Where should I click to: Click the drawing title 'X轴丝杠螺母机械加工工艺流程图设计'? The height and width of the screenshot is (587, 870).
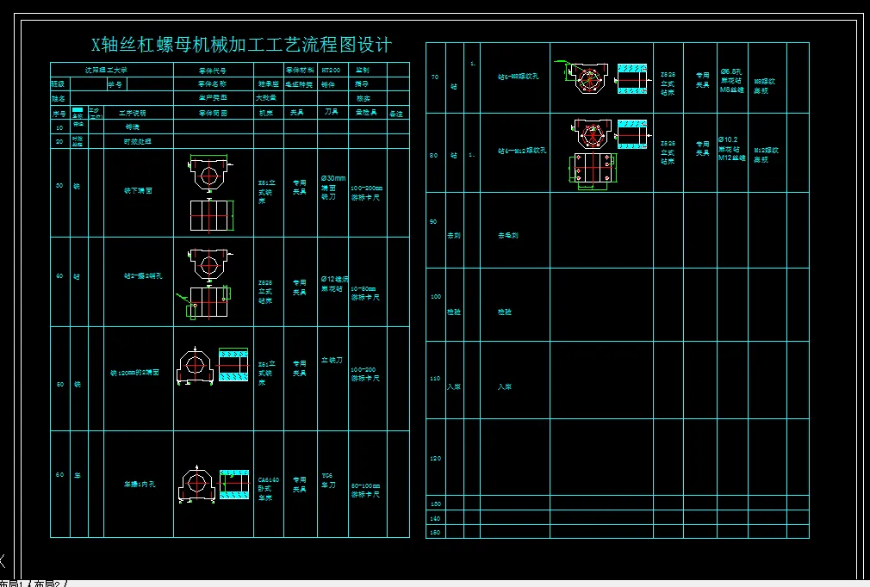[241, 45]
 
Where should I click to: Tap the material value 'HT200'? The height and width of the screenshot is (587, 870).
[331, 70]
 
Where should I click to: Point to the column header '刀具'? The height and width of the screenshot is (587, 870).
[331, 113]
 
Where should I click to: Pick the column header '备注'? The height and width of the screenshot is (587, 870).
[397, 114]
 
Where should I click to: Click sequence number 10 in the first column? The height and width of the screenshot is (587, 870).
[59, 127]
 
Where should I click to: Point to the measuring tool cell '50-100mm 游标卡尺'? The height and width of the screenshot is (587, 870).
[366, 490]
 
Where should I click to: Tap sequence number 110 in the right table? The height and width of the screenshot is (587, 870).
[434, 378]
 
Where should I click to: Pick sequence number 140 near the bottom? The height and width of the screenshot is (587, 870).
[434, 518]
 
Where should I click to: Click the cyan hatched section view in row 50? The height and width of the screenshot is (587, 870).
[233, 365]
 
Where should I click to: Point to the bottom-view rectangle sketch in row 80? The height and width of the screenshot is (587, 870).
[592, 169]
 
